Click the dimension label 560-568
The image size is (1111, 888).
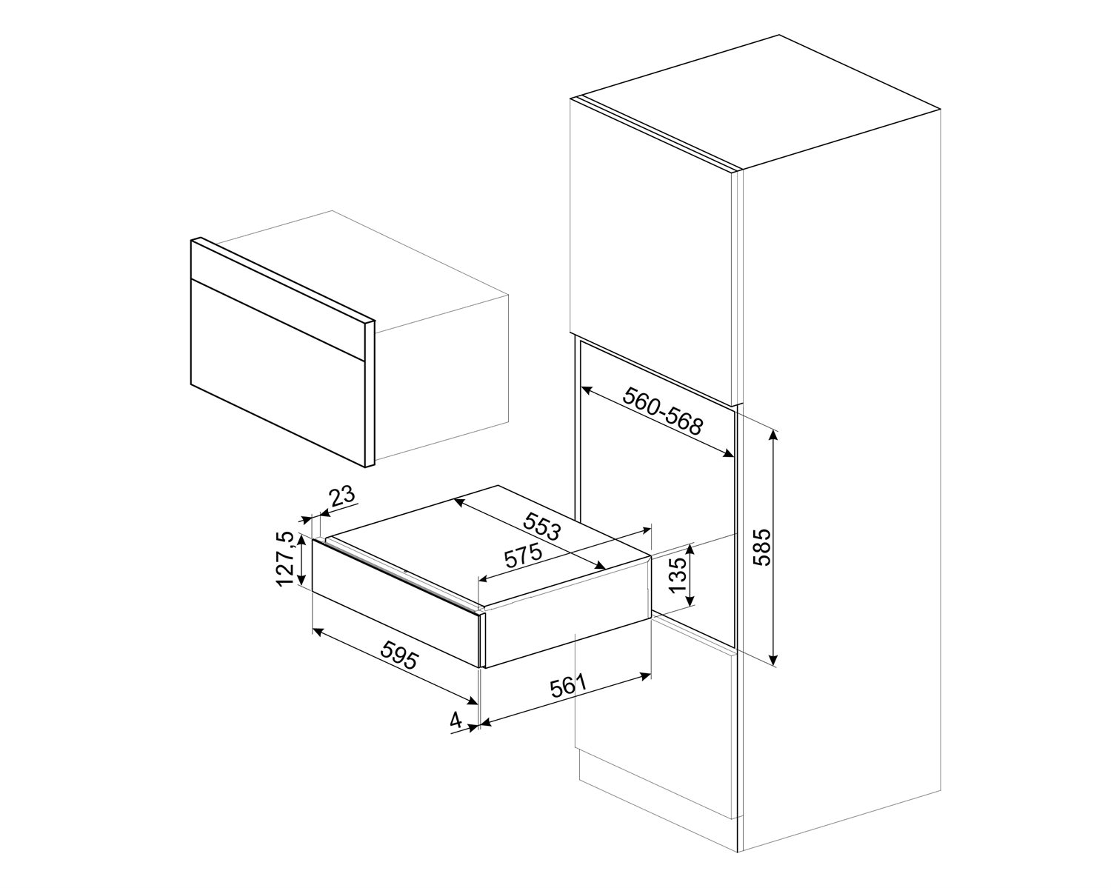coord(661,411)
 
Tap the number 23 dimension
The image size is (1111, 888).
coord(342,496)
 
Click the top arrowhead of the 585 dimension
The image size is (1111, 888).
coord(774,433)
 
